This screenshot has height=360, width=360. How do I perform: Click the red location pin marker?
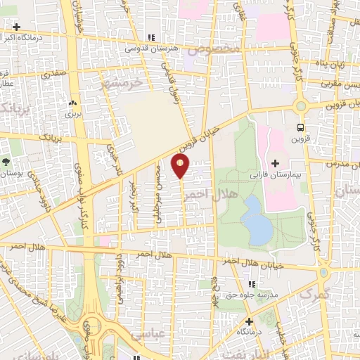(181, 167)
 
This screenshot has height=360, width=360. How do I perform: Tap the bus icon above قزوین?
(301, 127)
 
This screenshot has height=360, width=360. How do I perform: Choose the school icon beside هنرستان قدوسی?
(151, 38)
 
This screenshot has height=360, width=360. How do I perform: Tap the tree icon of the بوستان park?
(6, 162)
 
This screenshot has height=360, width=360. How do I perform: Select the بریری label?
(73, 112)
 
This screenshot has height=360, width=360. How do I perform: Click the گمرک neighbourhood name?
(314, 294)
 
